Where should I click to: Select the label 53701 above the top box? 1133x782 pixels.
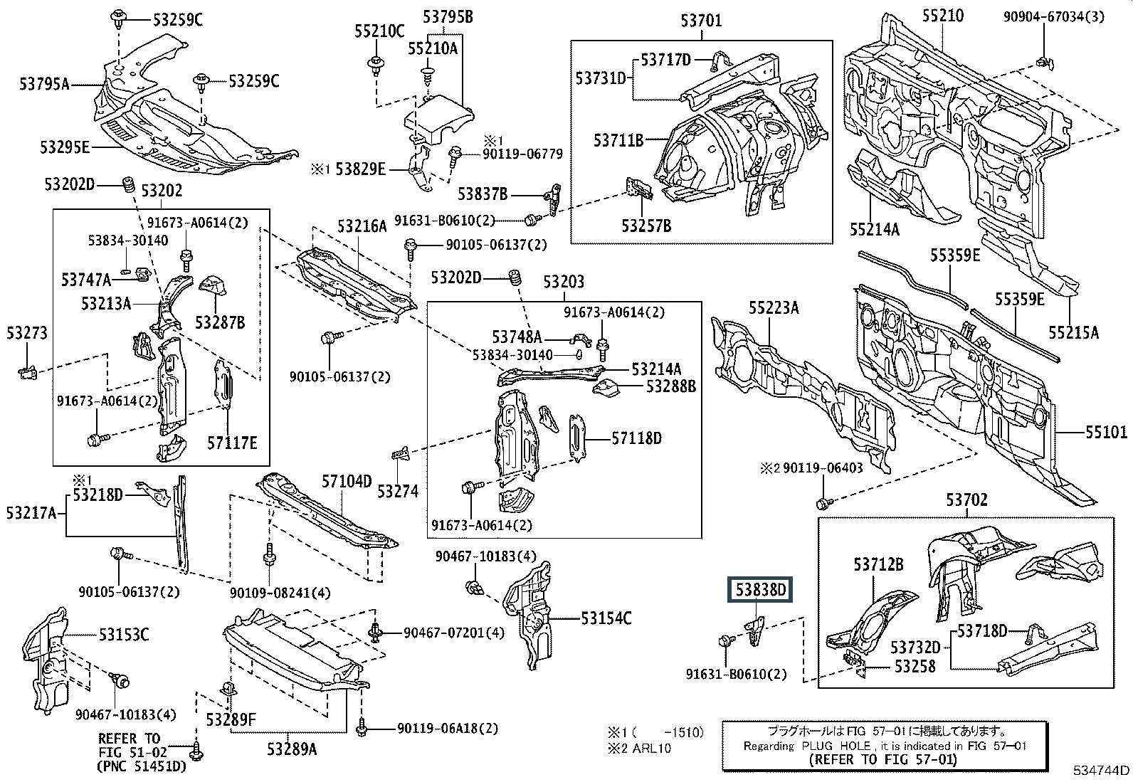(700, 21)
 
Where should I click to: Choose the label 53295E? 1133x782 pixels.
(65, 147)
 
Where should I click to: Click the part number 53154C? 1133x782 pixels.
(606, 618)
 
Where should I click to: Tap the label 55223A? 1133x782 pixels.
(773, 307)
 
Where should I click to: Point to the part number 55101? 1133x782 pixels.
(1106, 432)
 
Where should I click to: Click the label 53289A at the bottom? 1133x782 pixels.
(292, 749)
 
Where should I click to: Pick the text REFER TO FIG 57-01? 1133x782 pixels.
(885, 759)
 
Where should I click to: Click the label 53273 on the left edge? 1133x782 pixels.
(27, 332)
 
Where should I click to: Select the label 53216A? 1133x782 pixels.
(362, 226)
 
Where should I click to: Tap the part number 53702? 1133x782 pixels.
(966, 500)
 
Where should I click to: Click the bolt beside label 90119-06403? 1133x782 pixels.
(822, 504)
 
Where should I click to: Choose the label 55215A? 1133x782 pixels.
(1073, 332)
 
